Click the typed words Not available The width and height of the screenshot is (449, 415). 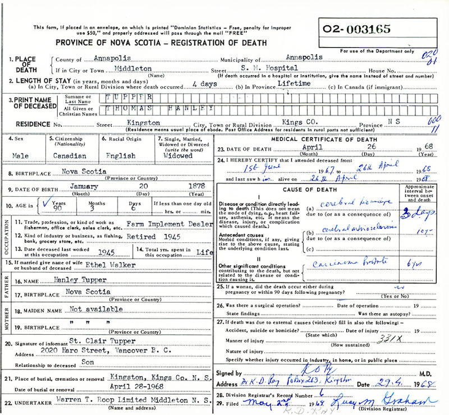click(x=95, y=308)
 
